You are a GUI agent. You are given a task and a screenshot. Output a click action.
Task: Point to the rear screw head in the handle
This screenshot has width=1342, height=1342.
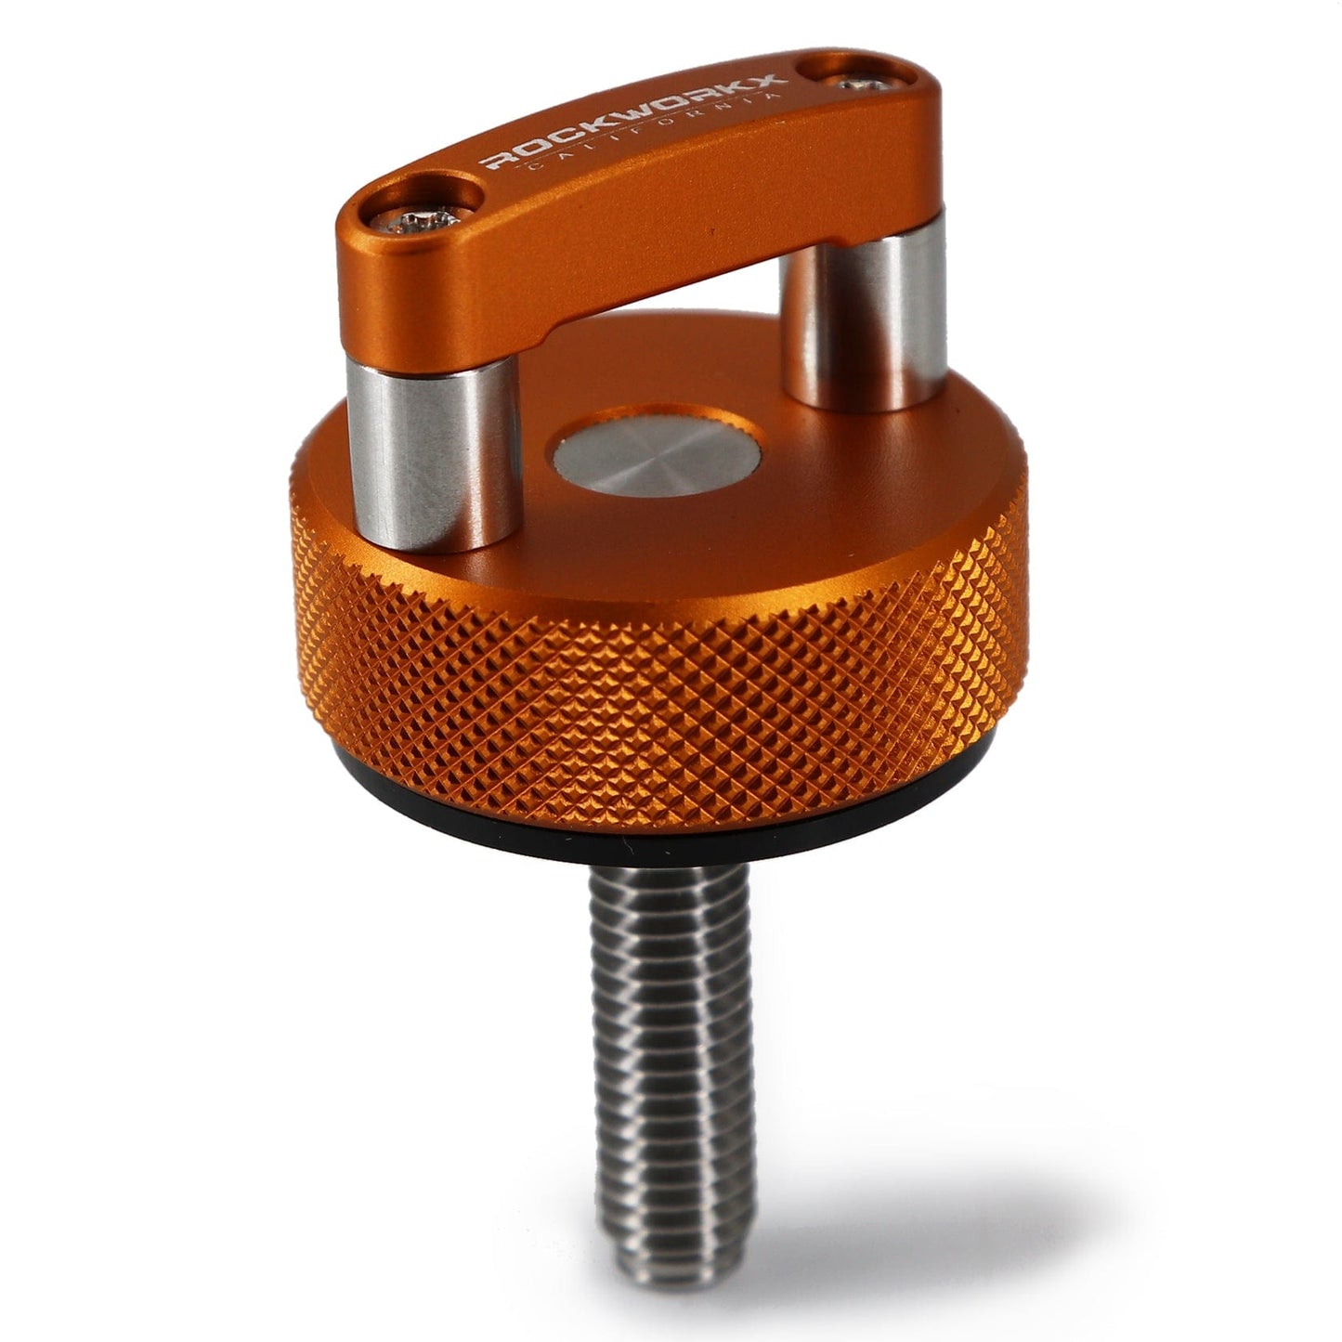865,85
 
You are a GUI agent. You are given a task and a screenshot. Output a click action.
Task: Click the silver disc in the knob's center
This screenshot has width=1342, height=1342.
657,461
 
